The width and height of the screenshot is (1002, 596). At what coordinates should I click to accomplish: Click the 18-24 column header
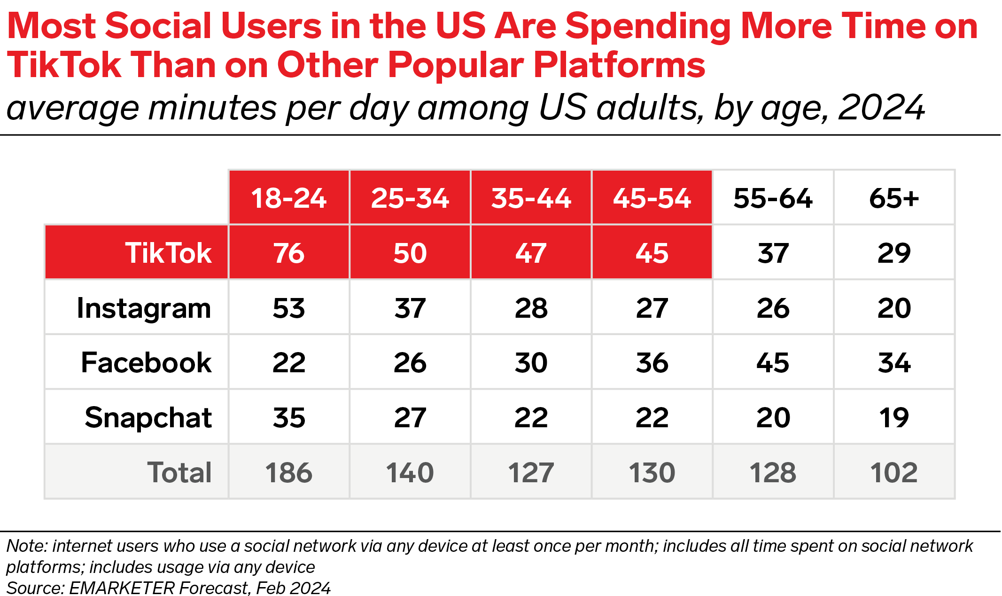point(288,198)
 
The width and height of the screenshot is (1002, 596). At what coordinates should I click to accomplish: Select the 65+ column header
point(894,198)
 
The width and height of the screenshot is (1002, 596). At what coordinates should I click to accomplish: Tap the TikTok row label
point(168,253)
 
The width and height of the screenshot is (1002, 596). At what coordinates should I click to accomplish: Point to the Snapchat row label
point(148,417)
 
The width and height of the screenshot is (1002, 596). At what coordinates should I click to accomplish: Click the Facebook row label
point(146,362)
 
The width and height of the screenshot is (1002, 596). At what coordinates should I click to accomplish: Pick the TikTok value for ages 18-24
point(288,253)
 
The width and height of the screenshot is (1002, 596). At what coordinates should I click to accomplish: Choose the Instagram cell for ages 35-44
point(531,308)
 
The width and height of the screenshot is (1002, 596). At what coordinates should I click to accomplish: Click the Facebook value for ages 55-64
point(773,362)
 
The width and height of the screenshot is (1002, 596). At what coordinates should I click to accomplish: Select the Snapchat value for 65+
point(894,417)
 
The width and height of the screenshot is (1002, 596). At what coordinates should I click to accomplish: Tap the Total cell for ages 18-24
point(288,472)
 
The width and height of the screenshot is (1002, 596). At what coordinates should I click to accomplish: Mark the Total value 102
point(894,472)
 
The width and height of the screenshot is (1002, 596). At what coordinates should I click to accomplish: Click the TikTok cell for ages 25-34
point(410,253)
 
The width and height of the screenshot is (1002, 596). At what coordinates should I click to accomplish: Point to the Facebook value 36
point(652,362)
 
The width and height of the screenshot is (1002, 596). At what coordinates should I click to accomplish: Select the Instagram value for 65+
point(894,308)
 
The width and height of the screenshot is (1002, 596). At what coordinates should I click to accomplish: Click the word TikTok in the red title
point(64,64)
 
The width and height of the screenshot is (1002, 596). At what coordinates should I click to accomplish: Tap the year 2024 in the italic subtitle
point(881,108)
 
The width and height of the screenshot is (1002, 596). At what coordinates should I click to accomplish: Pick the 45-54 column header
point(652,198)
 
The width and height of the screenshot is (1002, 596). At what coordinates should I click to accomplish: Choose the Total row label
point(179,472)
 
